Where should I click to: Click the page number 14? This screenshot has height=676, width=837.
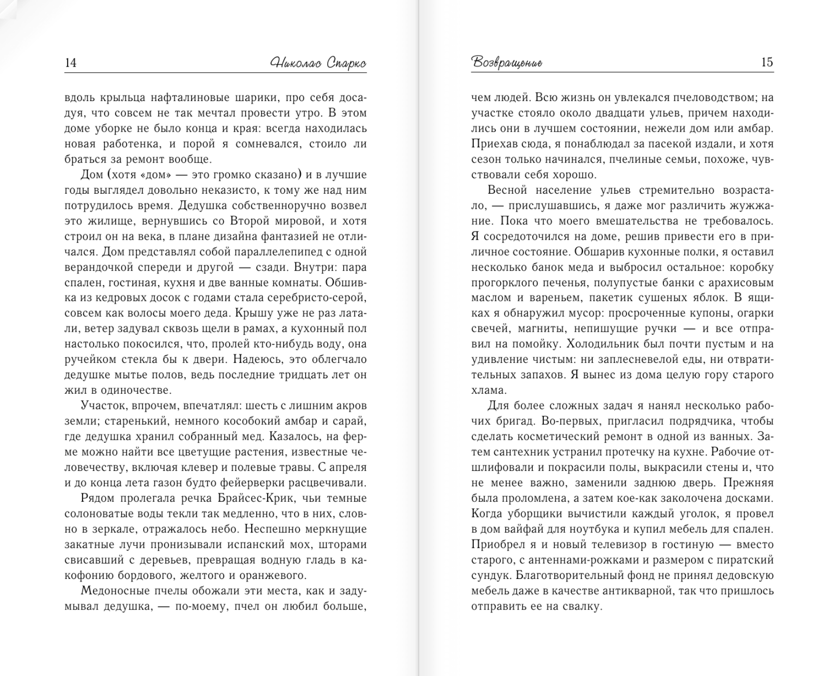[x=71, y=63]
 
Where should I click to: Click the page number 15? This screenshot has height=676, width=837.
[x=767, y=62]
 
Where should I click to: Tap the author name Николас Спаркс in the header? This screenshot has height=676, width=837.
[x=318, y=63]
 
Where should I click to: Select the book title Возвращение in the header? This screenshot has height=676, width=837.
[x=507, y=63]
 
